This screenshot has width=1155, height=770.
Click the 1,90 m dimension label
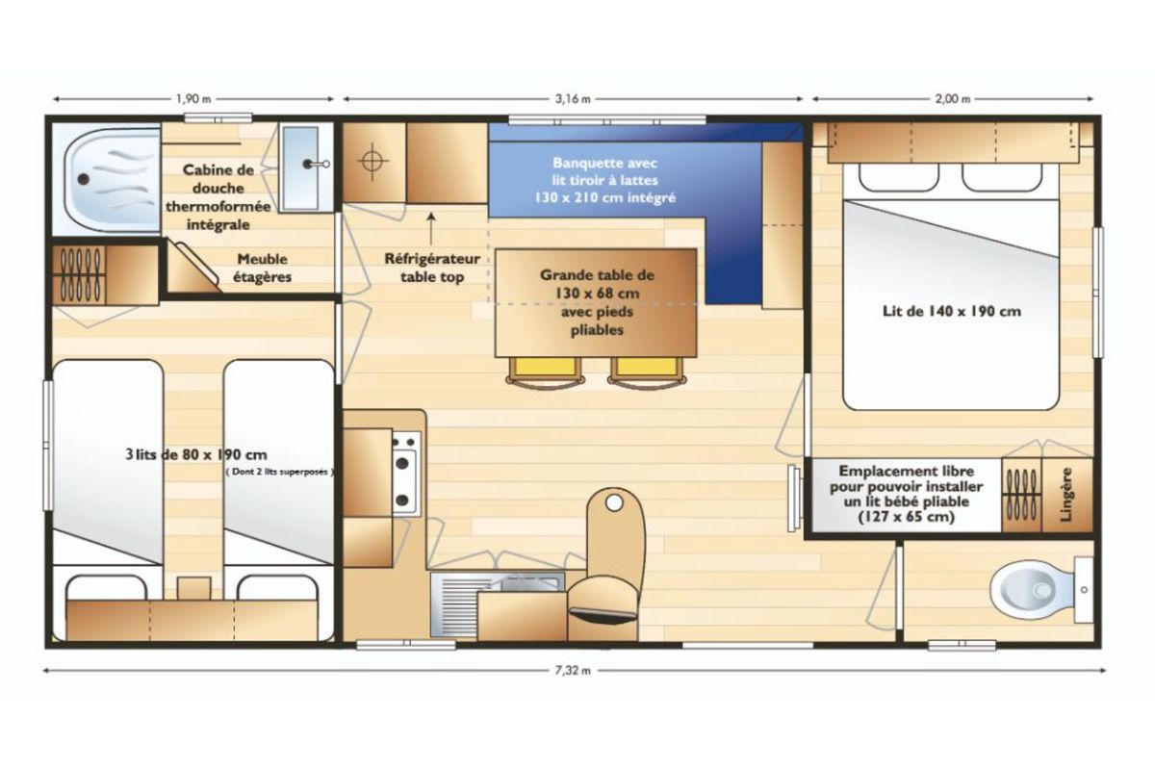coord(193,99)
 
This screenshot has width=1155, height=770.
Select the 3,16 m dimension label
coord(573,99)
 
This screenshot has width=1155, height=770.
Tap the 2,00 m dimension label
coord(953,99)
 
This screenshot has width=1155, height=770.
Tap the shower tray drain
coord(83,179)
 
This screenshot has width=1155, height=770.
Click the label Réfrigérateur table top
coord(432,268)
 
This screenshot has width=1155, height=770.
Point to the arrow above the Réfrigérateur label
coord(431,228)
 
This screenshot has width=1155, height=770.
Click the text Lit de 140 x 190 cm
coord(951,311)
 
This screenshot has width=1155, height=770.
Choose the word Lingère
coord(1067,494)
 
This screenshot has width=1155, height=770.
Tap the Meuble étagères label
coord(262,268)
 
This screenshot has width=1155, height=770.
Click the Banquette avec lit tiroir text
coord(604,180)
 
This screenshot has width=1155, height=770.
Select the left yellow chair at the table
coord(546,371)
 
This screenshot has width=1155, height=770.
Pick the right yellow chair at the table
coord(647,371)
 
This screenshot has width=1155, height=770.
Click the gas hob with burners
coord(406,473)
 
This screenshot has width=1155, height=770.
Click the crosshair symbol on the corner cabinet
coord(372,161)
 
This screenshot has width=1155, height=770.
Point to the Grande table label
coord(597,302)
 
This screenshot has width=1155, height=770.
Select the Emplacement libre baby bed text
coord(907,494)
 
